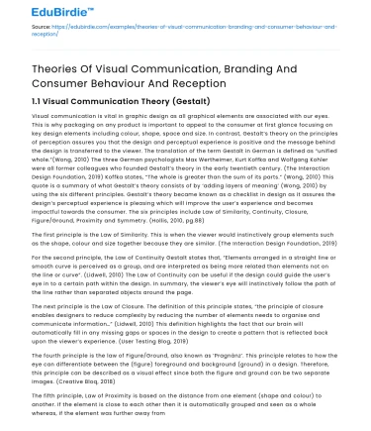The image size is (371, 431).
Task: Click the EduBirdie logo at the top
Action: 39,15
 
